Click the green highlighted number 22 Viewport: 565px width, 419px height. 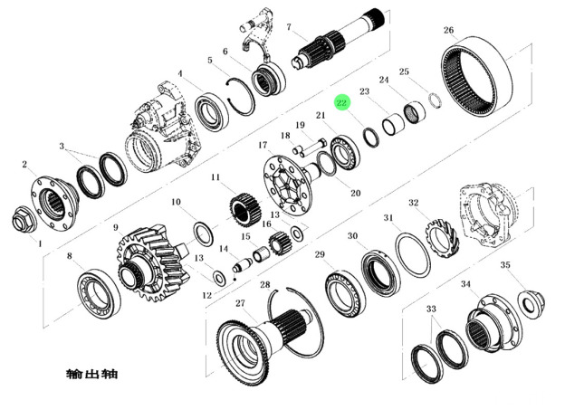[x=341, y=103]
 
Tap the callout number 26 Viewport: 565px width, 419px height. [x=448, y=30]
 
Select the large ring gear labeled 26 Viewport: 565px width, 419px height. [x=476, y=76]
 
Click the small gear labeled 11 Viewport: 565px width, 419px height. [x=245, y=210]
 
